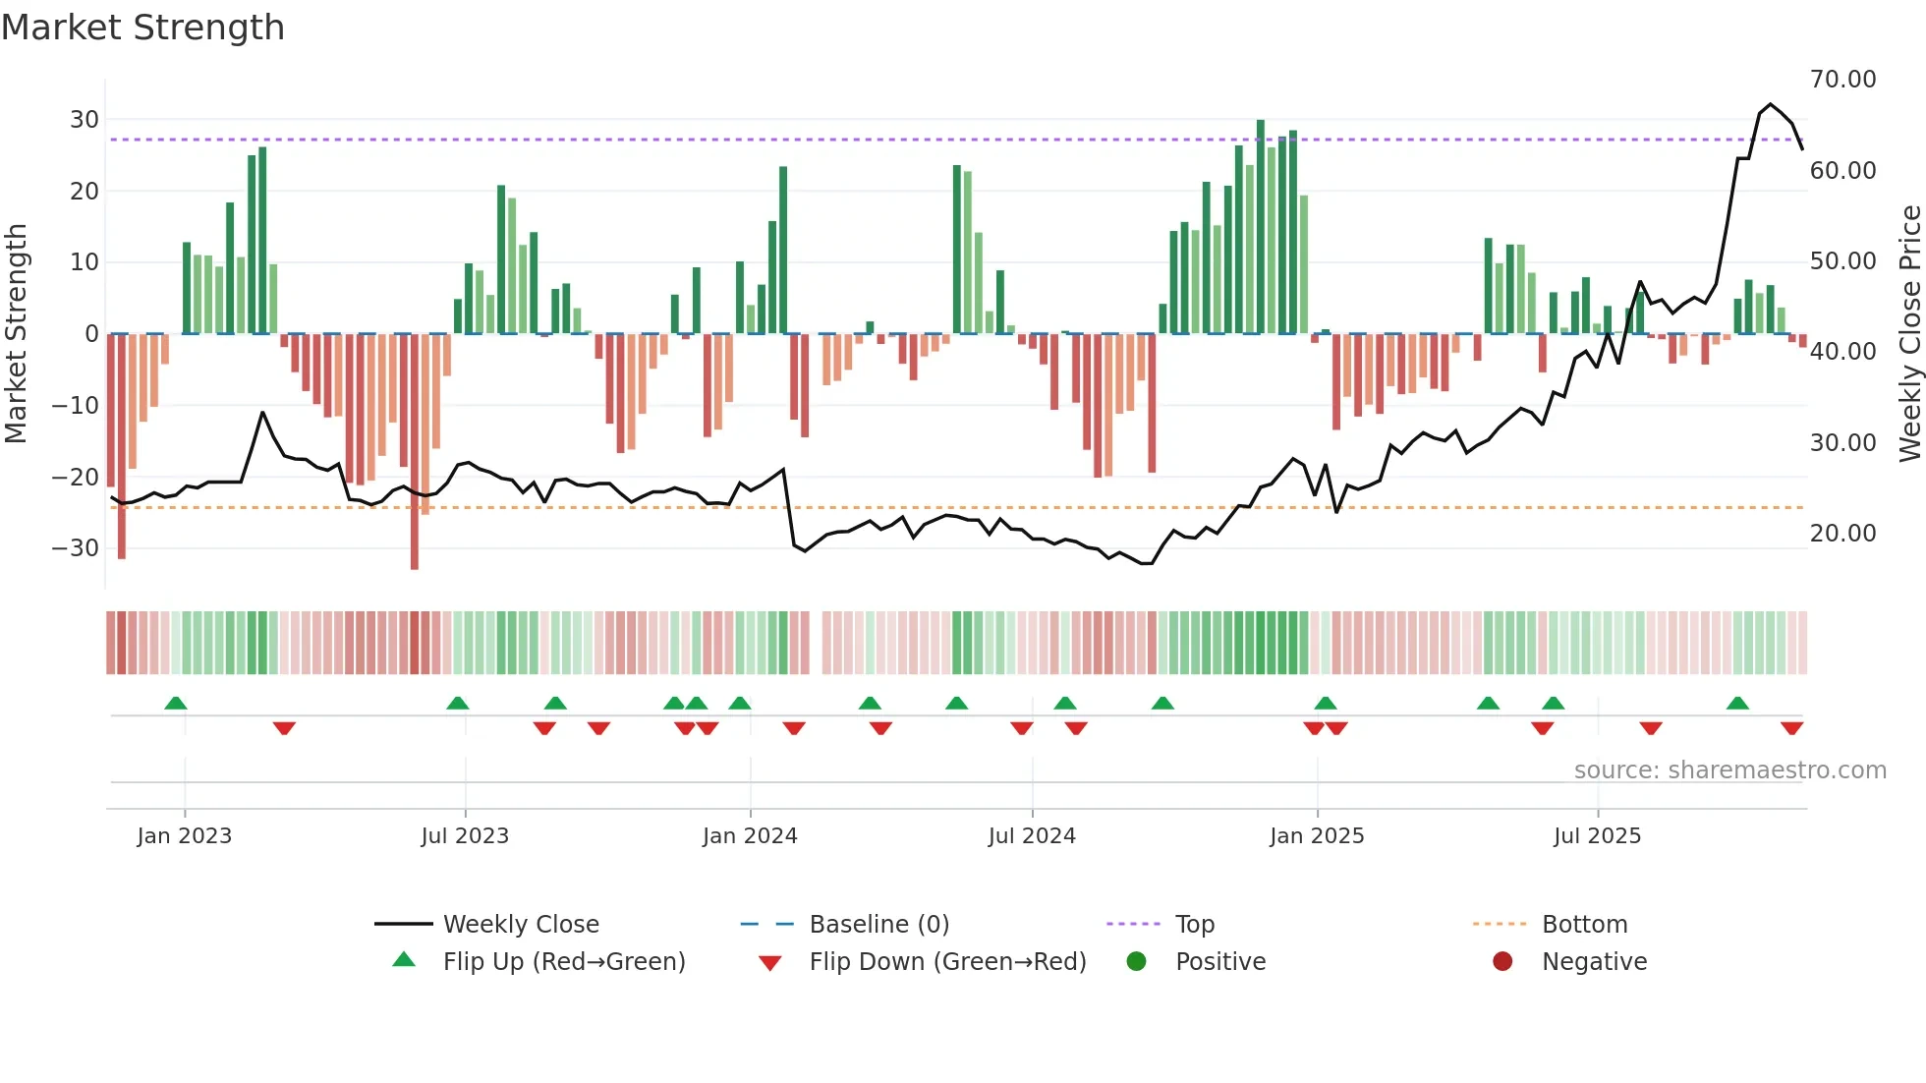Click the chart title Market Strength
[142, 28]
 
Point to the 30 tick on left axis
[85, 120]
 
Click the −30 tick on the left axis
[77, 548]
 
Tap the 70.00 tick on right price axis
[1842, 80]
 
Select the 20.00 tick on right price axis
[1842, 534]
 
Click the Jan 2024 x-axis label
[750, 836]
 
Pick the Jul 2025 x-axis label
[1597, 836]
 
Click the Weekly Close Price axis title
[1909, 334]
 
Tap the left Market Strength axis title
[17, 334]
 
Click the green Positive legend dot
[1137, 962]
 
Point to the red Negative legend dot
[1502, 962]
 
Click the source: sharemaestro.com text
[1729, 770]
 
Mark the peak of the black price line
[1771, 104]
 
